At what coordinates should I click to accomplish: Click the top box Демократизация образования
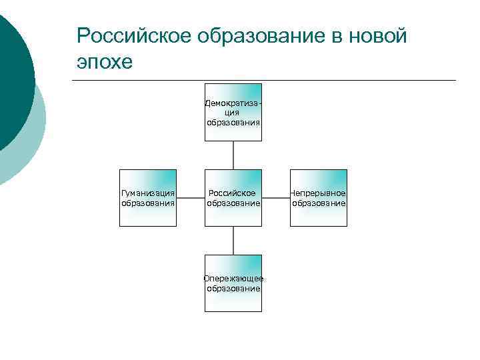pyautogui.click(x=233, y=112)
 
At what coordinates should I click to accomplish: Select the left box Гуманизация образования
pyautogui.click(x=148, y=198)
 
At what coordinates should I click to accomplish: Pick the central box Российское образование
pyautogui.click(x=233, y=198)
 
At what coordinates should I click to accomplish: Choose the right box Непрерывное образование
pyautogui.click(x=319, y=198)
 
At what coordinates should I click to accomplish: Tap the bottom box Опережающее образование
pyautogui.click(x=233, y=283)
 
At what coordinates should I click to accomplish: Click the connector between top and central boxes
pyautogui.click(x=233, y=155)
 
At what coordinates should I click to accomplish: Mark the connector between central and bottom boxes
pyautogui.click(x=233, y=241)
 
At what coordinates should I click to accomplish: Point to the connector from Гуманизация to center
pyautogui.click(x=191, y=198)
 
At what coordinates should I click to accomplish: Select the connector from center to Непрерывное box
pyautogui.click(x=276, y=198)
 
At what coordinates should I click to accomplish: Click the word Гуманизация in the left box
pyautogui.click(x=148, y=193)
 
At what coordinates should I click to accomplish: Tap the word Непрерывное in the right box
pyautogui.click(x=319, y=193)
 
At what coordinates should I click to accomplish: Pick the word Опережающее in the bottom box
pyautogui.click(x=233, y=279)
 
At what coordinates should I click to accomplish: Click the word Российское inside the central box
pyautogui.click(x=232, y=193)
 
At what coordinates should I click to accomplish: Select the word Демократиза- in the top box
pyautogui.click(x=233, y=103)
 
